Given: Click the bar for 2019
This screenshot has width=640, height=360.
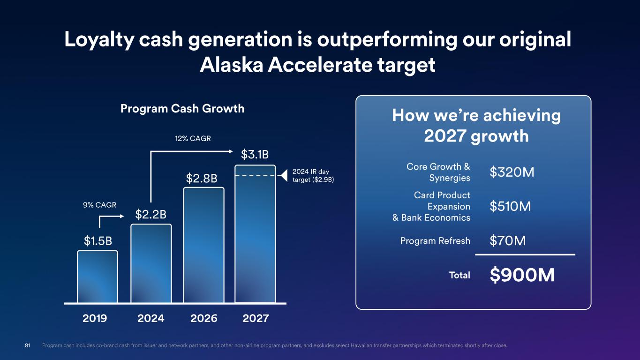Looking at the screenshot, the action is click(98, 277).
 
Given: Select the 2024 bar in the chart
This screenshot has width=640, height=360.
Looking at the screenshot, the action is click(151, 263).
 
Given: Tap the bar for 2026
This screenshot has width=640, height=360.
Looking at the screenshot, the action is click(203, 245).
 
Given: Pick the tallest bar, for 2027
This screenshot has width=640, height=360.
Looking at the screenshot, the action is click(255, 234).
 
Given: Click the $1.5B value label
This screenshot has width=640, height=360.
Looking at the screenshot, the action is click(98, 241).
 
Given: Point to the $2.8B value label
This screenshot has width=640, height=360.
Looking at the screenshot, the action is click(202, 179).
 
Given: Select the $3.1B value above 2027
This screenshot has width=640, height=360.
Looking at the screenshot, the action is click(255, 155).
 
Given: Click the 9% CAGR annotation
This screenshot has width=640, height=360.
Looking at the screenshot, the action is click(100, 205).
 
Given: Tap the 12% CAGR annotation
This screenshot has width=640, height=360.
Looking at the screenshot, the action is click(193, 139).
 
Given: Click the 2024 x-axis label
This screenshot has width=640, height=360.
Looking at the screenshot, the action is click(151, 318).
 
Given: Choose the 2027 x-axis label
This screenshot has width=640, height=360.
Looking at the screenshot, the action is click(256, 318).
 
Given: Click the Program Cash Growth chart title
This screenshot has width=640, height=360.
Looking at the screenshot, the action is click(182, 109).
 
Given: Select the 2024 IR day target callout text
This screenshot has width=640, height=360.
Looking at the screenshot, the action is click(313, 175).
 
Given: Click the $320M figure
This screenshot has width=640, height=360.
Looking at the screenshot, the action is click(512, 172).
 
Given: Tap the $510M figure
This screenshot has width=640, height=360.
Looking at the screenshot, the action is click(510, 206).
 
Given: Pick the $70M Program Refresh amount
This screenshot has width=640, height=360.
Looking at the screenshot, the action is click(508, 240).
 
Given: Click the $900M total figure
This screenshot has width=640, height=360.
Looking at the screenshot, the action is click(522, 275).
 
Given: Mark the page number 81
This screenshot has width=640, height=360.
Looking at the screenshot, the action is click(27, 345).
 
